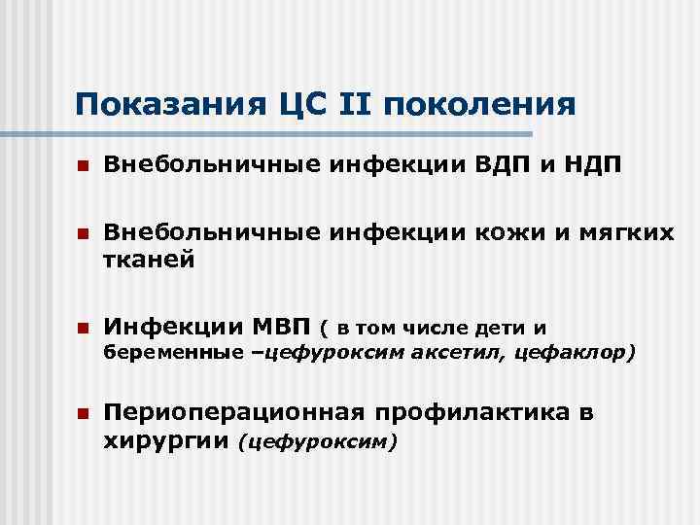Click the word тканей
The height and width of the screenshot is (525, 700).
tap(149, 260)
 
